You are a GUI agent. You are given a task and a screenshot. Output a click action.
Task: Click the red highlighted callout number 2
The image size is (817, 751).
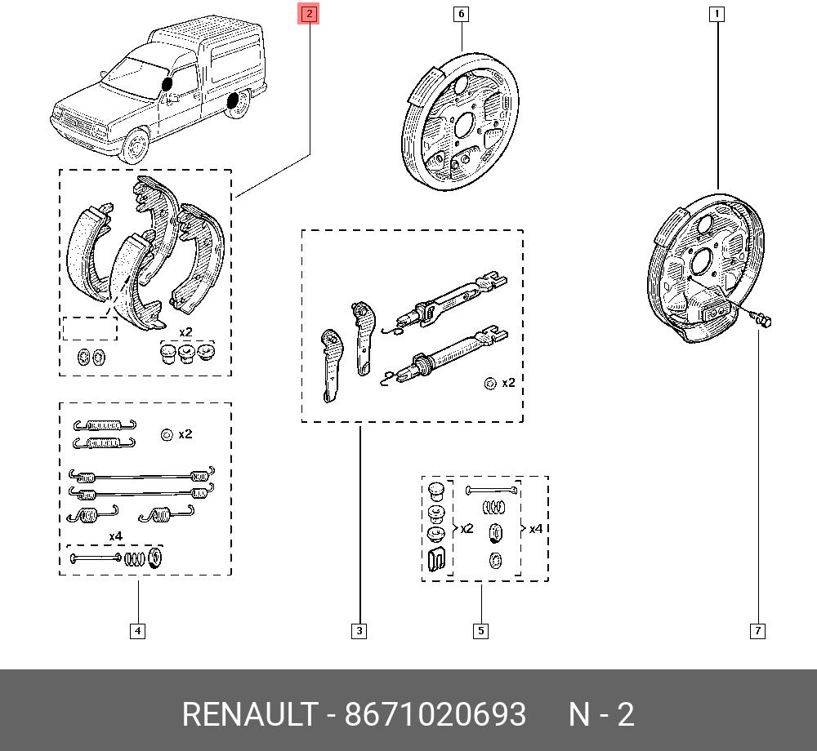point(309,14)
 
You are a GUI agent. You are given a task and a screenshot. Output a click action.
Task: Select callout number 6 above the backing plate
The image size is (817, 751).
point(461,14)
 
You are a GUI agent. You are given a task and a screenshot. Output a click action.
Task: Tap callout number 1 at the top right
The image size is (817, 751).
point(717,14)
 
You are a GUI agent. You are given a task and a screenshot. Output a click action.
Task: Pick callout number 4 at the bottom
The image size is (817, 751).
point(137,631)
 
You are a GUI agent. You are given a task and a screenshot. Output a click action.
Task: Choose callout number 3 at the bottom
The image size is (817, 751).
point(359,631)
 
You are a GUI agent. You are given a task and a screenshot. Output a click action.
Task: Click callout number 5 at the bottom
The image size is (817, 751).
point(480,631)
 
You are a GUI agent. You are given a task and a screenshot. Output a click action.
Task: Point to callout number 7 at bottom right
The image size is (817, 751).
point(757,631)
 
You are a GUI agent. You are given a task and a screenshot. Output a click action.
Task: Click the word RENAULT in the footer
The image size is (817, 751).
point(250,714)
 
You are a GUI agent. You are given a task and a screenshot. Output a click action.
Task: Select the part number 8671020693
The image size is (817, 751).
point(435,714)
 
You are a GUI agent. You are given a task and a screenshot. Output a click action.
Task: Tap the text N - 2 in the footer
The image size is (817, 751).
point(601,714)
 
